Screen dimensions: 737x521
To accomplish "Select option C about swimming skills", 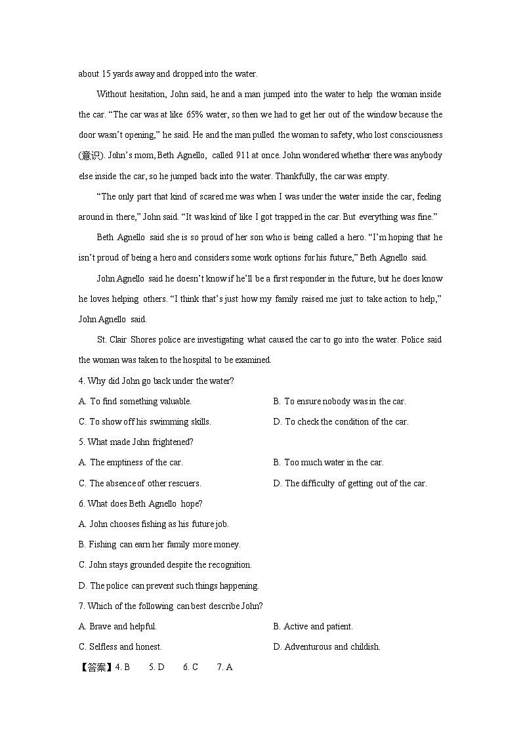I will pyautogui.click(x=144, y=421).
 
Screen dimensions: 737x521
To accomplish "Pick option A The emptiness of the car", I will pyautogui.click(x=131, y=462).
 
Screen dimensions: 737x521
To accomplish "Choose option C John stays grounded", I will pyautogui.click(x=165, y=564).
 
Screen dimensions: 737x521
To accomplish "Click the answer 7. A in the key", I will pyautogui.click(x=225, y=667).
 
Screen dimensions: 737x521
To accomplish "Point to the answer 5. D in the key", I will pyautogui.click(x=156, y=667).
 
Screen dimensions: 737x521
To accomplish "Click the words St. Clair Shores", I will pyautogui.click(x=125, y=339).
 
